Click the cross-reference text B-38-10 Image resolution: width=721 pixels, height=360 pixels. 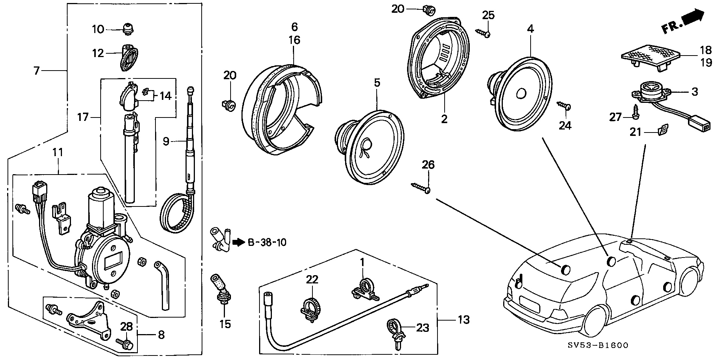tap(267, 243)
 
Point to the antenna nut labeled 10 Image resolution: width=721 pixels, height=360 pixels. tap(128, 28)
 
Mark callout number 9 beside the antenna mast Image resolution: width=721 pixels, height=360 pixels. tap(166, 142)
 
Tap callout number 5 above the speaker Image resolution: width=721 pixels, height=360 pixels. tap(377, 83)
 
